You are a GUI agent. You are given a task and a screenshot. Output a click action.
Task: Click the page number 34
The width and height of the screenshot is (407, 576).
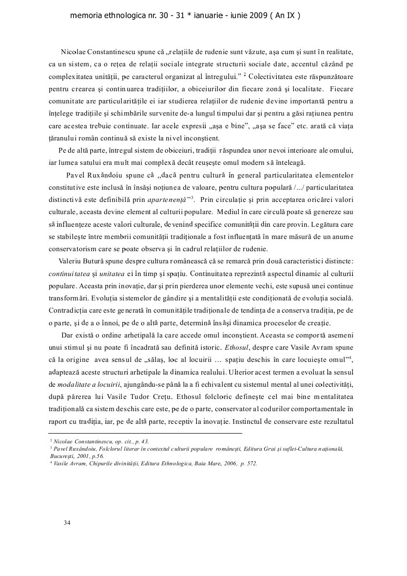coord(67,523)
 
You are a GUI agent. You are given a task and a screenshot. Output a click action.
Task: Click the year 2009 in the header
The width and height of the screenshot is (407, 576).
coord(257,16)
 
